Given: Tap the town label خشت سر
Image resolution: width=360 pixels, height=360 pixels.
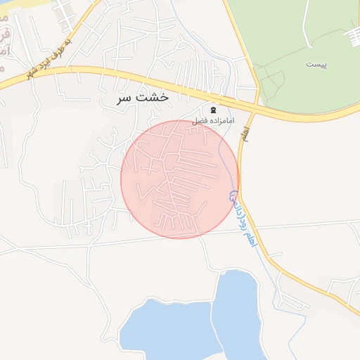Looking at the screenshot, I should pyautogui.click(x=143, y=98).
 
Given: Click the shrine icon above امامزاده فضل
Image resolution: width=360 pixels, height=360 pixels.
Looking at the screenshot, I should pyautogui.click(x=213, y=110).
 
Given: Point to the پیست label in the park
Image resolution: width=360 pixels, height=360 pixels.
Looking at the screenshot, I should pyautogui.click(x=317, y=64).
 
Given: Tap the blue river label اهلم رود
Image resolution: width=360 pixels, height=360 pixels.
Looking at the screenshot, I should pyautogui.click(x=241, y=218).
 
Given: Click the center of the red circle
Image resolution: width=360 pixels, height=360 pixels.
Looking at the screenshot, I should pyautogui.click(x=180, y=179).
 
